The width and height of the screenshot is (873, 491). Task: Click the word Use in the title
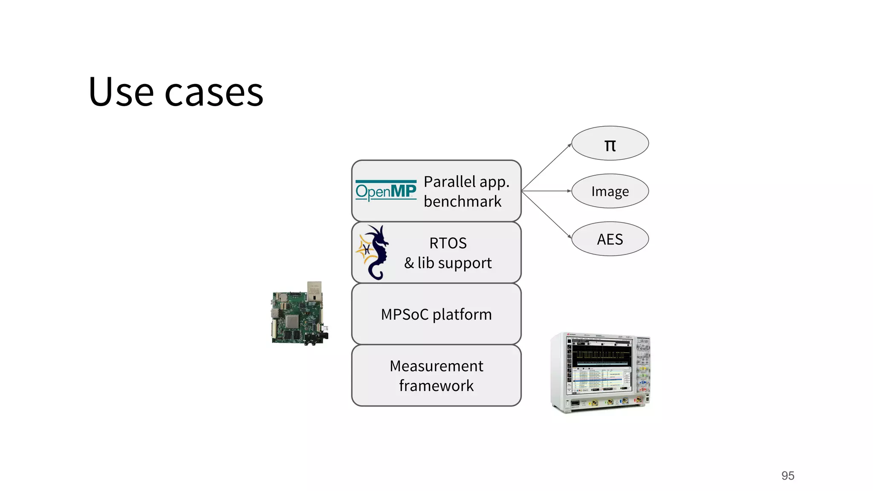tap(121, 92)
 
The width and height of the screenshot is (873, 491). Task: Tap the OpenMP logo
tap(386, 191)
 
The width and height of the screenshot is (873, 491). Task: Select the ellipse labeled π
tap(610, 144)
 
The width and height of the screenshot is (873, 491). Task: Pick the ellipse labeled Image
tap(610, 191)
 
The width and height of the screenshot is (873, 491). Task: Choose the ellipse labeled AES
tap(610, 239)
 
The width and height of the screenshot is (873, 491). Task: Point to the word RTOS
tap(448, 243)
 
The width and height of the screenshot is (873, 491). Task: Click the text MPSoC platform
tap(436, 315)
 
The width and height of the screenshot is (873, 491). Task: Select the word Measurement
tap(436, 366)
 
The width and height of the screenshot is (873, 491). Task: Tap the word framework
tap(436, 386)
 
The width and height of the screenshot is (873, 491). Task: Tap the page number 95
tap(787, 476)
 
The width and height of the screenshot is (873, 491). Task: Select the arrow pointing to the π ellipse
tap(546, 167)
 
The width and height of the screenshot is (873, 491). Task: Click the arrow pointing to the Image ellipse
tap(546, 191)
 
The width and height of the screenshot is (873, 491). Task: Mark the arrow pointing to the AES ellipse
tap(546, 214)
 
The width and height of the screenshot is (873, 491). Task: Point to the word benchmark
tap(463, 202)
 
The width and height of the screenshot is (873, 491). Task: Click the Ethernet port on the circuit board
tap(314, 291)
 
